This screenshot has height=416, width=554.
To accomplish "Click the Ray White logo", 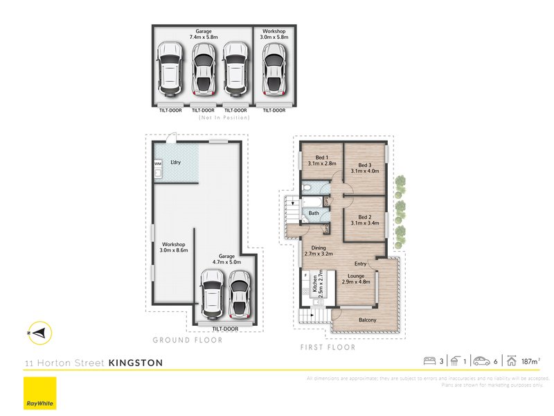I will (x=39, y=394).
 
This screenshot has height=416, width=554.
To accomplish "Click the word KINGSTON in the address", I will (x=136, y=363).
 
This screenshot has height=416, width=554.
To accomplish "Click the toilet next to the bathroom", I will (x=309, y=188).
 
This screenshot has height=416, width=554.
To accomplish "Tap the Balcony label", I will (x=367, y=320).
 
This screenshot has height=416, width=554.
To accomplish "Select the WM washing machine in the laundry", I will (x=158, y=164).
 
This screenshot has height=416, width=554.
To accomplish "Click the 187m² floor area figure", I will (x=530, y=361).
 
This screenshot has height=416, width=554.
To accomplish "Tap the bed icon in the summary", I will (x=429, y=361).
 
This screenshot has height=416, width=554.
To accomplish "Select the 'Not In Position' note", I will (x=224, y=118).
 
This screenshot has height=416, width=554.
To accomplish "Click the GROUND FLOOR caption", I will (x=188, y=340).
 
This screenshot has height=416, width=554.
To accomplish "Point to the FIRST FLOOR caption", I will (x=327, y=347).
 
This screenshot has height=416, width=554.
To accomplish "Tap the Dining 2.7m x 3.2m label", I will (x=318, y=250).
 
